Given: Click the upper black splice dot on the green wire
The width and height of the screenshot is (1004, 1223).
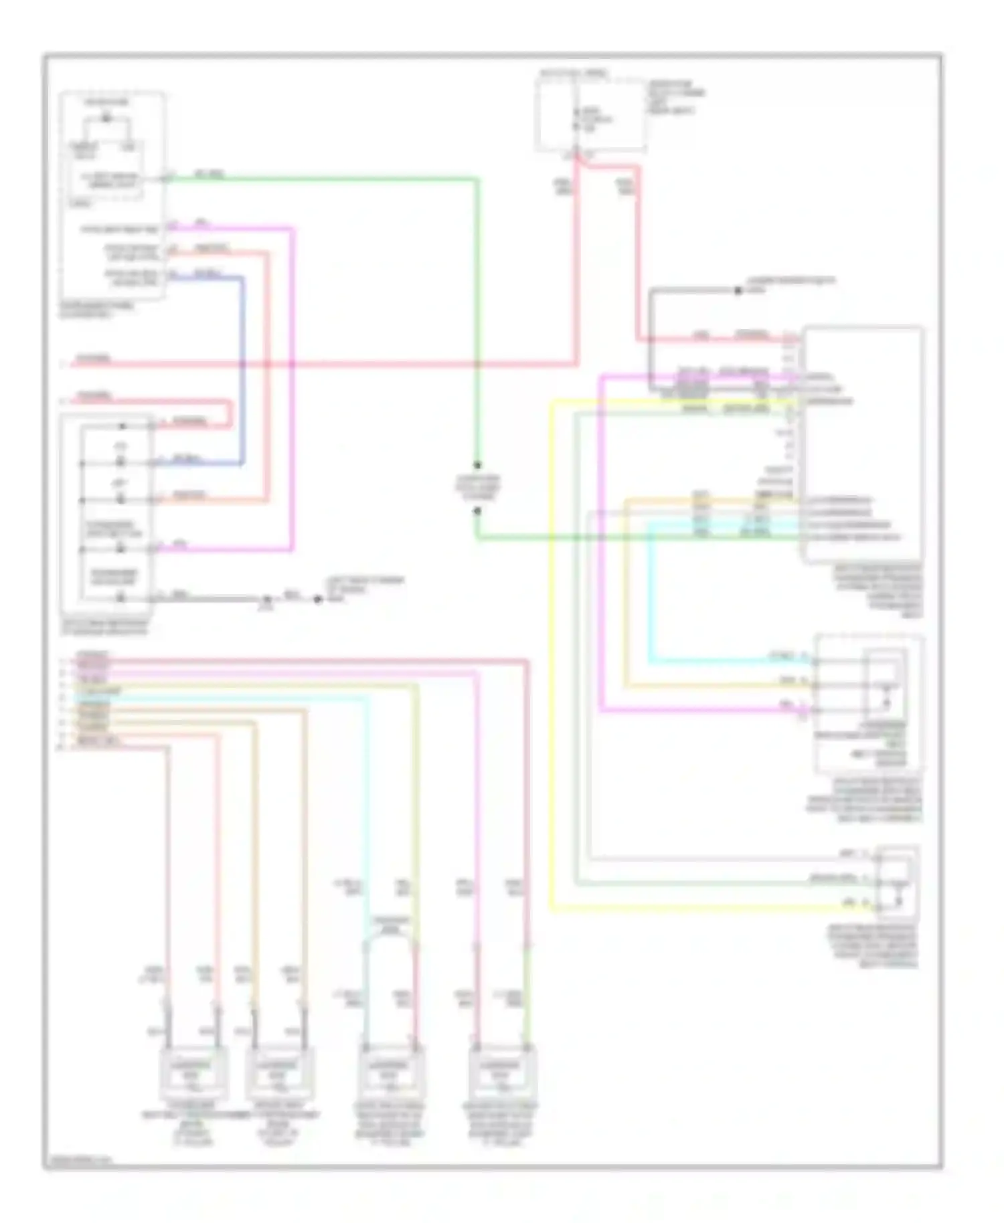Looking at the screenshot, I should [x=477, y=465].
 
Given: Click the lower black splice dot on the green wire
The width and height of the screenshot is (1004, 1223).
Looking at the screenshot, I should [x=477, y=511].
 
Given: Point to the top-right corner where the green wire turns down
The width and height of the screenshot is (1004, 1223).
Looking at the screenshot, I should [x=477, y=179].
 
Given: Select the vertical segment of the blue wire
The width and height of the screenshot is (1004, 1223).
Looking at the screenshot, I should [x=242, y=368].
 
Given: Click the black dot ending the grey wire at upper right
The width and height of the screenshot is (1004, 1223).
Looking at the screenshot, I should [x=738, y=290].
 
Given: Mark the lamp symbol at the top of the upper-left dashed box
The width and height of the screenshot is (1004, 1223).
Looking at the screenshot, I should [x=106, y=119].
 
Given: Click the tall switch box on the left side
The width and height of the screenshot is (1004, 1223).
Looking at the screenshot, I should [x=107, y=515].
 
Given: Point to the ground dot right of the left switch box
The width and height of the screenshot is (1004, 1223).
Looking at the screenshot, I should [x=318, y=599].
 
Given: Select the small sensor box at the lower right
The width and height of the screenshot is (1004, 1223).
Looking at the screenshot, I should [x=897, y=881].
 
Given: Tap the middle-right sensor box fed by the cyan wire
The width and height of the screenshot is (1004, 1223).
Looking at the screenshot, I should [x=869, y=702].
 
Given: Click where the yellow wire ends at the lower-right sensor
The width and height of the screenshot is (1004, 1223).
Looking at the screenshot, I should [x=873, y=908].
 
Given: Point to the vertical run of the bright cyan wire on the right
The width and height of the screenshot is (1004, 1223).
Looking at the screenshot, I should [x=650, y=592].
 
